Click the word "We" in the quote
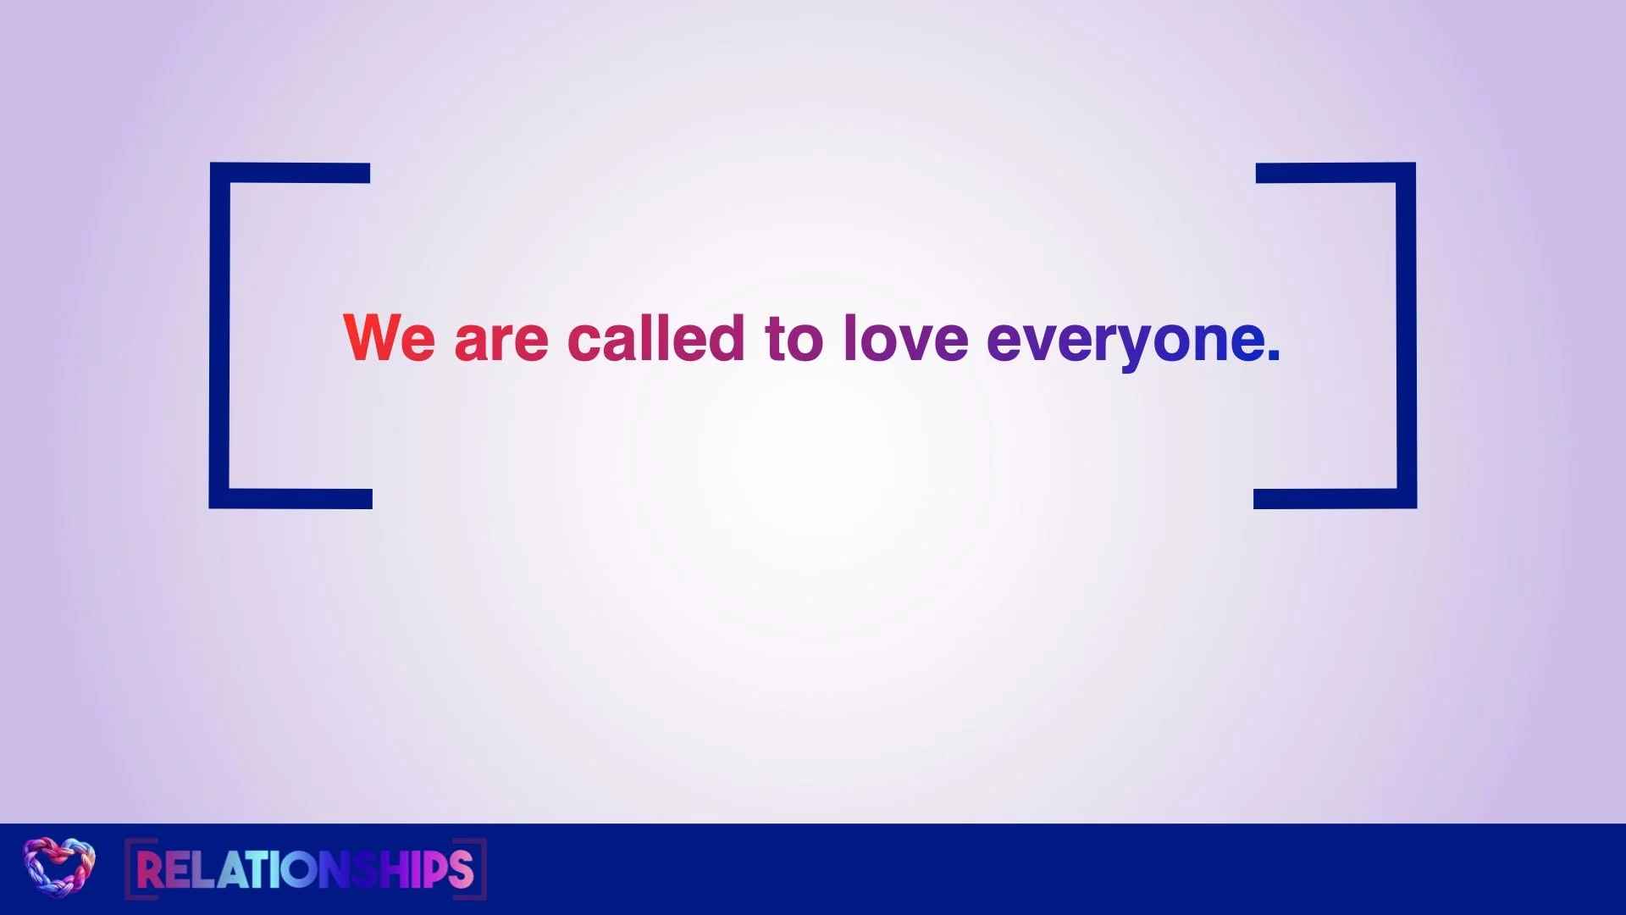[x=389, y=337]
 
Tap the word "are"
[x=501, y=342]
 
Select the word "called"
[x=656, y=337]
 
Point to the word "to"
[x=794, y=339]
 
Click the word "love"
[x=905, y=337]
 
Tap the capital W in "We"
[x=370, y=337]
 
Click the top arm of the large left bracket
[x=290, y=173]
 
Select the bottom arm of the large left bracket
[x=290, y=499]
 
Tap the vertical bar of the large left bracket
[x=219, y=335]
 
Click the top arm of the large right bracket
[x=1336, y=173]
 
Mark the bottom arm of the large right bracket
[x=1335, y=499]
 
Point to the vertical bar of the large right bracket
[x=1407, y=335]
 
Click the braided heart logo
[x=58, y=868]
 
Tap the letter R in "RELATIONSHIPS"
[x=149, y=869]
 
